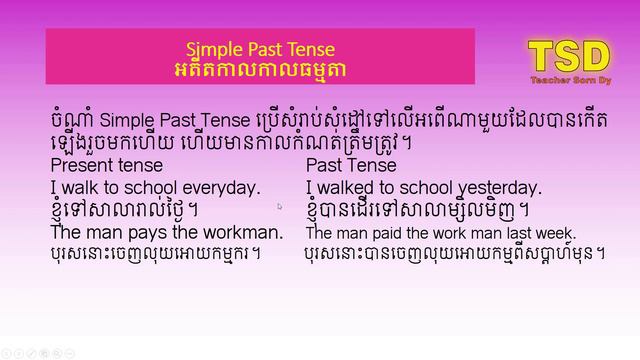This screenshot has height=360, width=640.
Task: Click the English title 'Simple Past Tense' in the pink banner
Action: (260, 49)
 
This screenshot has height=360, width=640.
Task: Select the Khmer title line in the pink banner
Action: (260, 69)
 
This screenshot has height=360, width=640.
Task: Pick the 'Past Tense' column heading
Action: (351, 165)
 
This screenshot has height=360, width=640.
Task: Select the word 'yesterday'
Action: (497, 187)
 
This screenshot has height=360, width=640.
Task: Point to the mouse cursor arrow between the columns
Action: (280, 206)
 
